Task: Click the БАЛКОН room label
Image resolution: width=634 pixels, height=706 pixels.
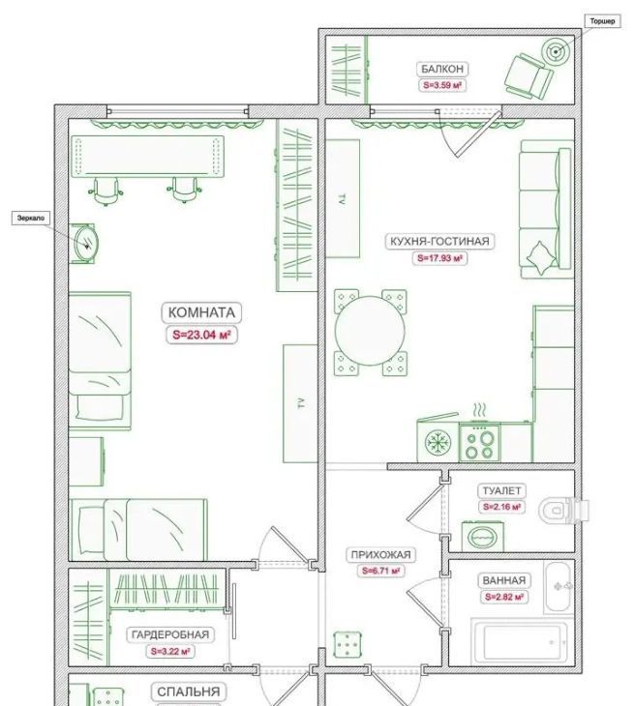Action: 442,69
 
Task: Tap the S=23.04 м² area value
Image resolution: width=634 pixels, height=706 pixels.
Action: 202,335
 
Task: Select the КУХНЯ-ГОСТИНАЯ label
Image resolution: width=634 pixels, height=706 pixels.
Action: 439,242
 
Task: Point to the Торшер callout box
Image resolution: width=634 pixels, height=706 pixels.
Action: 602,21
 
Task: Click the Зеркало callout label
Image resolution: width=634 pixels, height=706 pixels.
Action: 31,218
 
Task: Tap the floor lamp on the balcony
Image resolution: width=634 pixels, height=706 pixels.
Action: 556,52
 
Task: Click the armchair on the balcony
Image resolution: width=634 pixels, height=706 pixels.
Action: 528,76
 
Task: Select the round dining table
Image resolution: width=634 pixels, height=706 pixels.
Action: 370,331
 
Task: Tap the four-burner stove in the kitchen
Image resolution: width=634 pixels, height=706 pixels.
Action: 479,442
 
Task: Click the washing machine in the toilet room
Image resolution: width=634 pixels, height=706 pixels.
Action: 483,536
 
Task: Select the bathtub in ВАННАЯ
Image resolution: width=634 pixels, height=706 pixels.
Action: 523,641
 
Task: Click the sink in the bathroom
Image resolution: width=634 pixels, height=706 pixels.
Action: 559,586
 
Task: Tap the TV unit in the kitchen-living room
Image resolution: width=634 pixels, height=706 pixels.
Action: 343,198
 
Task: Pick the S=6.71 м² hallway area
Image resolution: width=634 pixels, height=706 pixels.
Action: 380,571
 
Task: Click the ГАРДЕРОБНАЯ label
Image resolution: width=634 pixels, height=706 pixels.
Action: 170,634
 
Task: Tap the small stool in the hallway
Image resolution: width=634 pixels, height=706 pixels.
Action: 347,645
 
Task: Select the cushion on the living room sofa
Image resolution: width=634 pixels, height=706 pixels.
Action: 541,257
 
